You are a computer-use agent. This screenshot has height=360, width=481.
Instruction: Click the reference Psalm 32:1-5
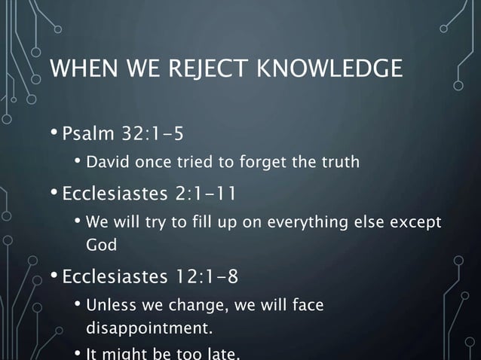pos(122,135)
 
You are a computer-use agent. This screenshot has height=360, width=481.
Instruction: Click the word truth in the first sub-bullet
pos(339,162)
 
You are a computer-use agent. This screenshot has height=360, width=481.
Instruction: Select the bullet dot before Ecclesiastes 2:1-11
pos(54,194)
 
